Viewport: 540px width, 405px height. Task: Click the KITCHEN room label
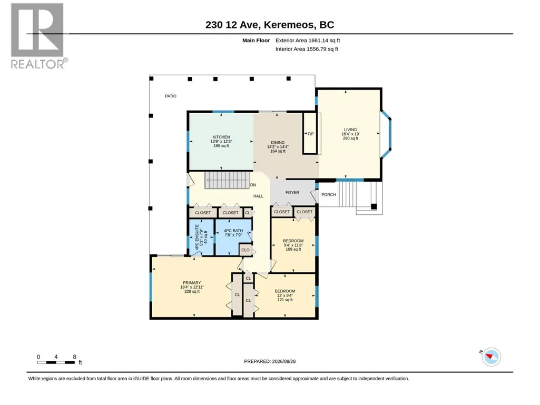click(x=221, y=137)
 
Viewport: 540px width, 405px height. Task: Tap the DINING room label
click(x=278, y=143)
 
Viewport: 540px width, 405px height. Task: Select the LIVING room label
click(x=350, y=130)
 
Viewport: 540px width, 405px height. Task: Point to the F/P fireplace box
click(x=310, y=133)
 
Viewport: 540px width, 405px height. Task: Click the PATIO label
click(x=171, y=96)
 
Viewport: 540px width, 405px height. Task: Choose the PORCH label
click(x=329, y=194)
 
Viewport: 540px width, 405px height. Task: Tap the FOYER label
click(x=292, y=193)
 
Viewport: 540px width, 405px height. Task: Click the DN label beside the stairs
click(x=253, y=185)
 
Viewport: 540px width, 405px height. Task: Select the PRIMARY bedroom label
click(x=192, y=283)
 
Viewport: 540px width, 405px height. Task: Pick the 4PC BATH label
click(x=233, y=231)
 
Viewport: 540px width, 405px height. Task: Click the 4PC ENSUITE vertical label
click(x=198, y=238)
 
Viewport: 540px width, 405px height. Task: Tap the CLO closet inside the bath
click(x=246, y=250)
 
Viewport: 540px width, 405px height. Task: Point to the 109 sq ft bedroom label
click(x=293, y=249)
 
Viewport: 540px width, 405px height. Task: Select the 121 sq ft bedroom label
click(x=285, y=300)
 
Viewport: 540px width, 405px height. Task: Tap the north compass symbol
click(x=491, y=357)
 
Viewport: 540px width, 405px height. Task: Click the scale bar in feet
click(x=56, y=362)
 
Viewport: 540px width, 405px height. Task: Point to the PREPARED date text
click(x=270, y=361)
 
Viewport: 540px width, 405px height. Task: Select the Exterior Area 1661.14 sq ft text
click(x=308, y=41)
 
